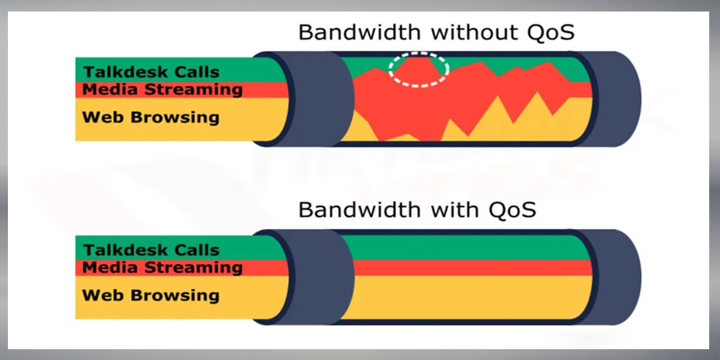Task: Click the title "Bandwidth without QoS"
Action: pyautogui.click(x=436, y=33)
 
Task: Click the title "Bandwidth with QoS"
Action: pyautogui.click(x=417, y=210)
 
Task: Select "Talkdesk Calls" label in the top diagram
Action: pyautogui.click(x=151, y=72)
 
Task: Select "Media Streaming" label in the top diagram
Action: pyautogui.click(x=162, y=89)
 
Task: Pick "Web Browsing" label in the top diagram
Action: pyautogui.click(x=150, y=117)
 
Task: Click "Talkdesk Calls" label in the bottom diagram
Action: pyautogui.click(x=151, y=251)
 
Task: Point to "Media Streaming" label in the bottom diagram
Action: pyautogui.click(x=162, y=268)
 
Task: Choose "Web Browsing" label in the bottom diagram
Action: pyautogui.click(x=150, y=295)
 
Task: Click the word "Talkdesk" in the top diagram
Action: pyautogui.click(x=122, y=72)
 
